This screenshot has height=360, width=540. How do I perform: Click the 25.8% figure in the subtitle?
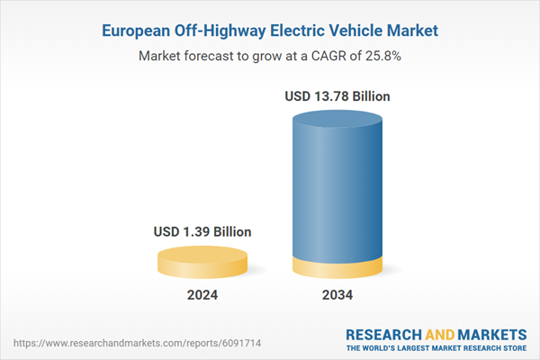pos(382,56)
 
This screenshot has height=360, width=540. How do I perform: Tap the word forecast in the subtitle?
pos(213,56)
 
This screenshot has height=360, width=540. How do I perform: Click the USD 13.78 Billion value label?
pos(338,96)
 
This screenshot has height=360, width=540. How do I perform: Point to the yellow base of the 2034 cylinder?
pos(338,267)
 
